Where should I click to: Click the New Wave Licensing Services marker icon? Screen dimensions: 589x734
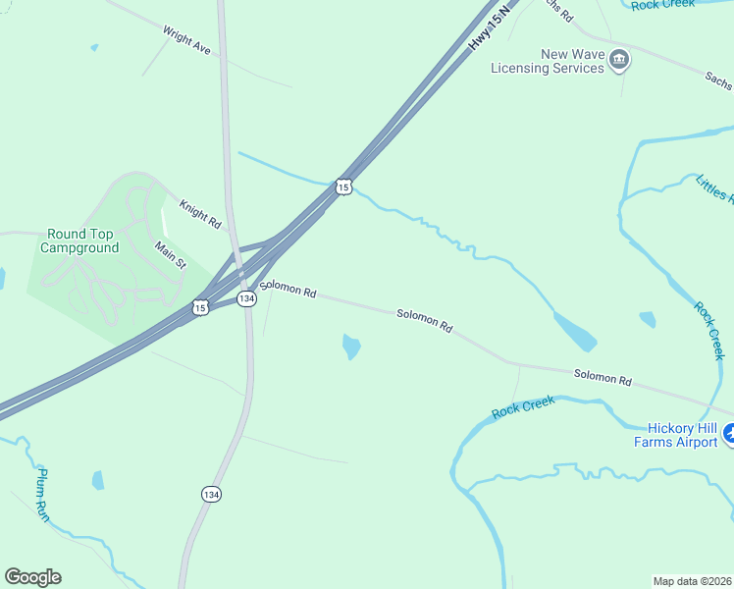tap(619, 61)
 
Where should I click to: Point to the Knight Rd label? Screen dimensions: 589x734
tap(200, 214)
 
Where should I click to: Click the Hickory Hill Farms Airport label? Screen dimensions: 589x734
tap(682, 435)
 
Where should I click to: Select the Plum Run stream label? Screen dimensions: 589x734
tap(42, 494)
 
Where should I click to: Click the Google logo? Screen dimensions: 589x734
tap(32, 577)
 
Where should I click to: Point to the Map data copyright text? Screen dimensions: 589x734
tap(691, 580)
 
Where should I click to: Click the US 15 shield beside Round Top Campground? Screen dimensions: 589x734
tap(201, 307)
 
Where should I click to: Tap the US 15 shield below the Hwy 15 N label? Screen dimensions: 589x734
tap(342, 187)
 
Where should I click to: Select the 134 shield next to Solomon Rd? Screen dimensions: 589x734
tap(247, 297)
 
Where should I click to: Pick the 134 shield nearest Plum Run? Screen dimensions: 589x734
tap(211, 494)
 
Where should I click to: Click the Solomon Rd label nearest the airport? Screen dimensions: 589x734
tap(602, 376)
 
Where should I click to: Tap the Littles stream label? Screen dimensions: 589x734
tap(713, 187)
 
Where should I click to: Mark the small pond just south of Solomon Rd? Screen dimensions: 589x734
tap(350, 346)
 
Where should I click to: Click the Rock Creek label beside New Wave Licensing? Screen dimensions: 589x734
tap(662, 5)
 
